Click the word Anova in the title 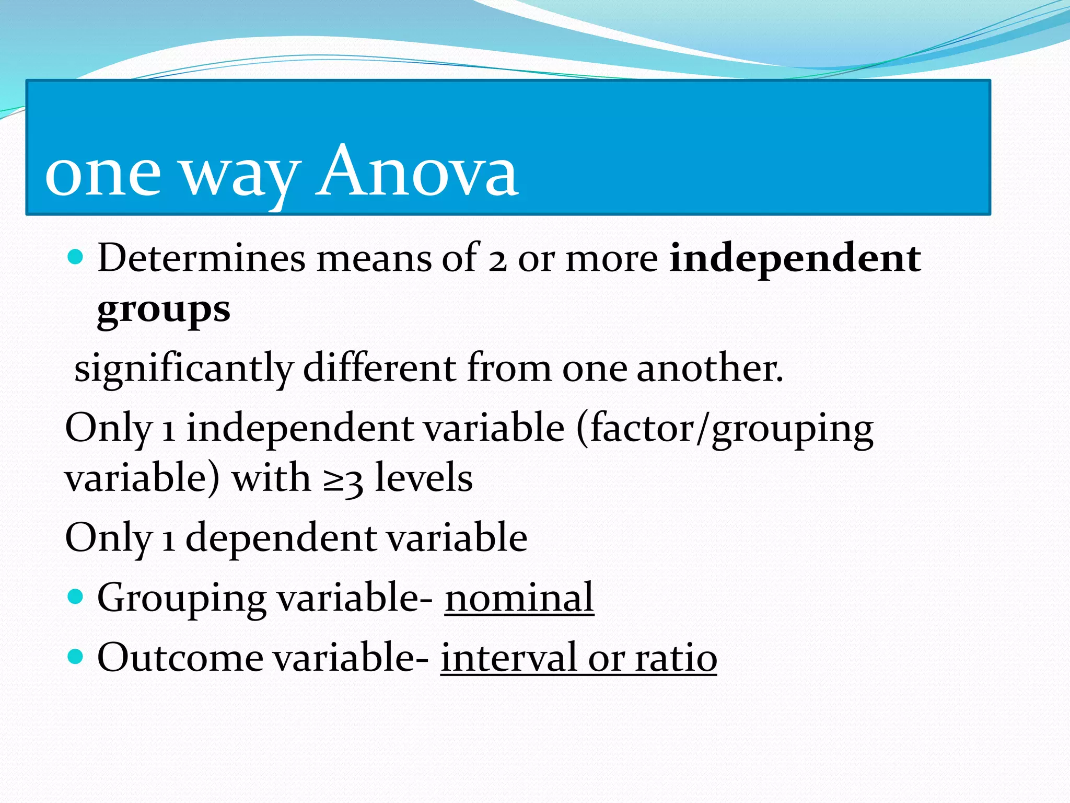(x=416, y=173)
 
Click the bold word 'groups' (x=164, y=311)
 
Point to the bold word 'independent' (x=795, y=259)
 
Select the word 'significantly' (x=184, y=369)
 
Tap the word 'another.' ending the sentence (x=710, y=368)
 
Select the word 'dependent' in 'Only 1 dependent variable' (x=280, y=538)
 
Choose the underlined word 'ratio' (x=676, y=657)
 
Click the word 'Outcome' (x=180, y=657)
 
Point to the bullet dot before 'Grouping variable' (x=76, y=596)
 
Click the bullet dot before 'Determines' (x=76, y=257)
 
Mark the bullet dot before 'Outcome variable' (x=76, y=656)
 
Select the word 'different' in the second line (x=380, y=368)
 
